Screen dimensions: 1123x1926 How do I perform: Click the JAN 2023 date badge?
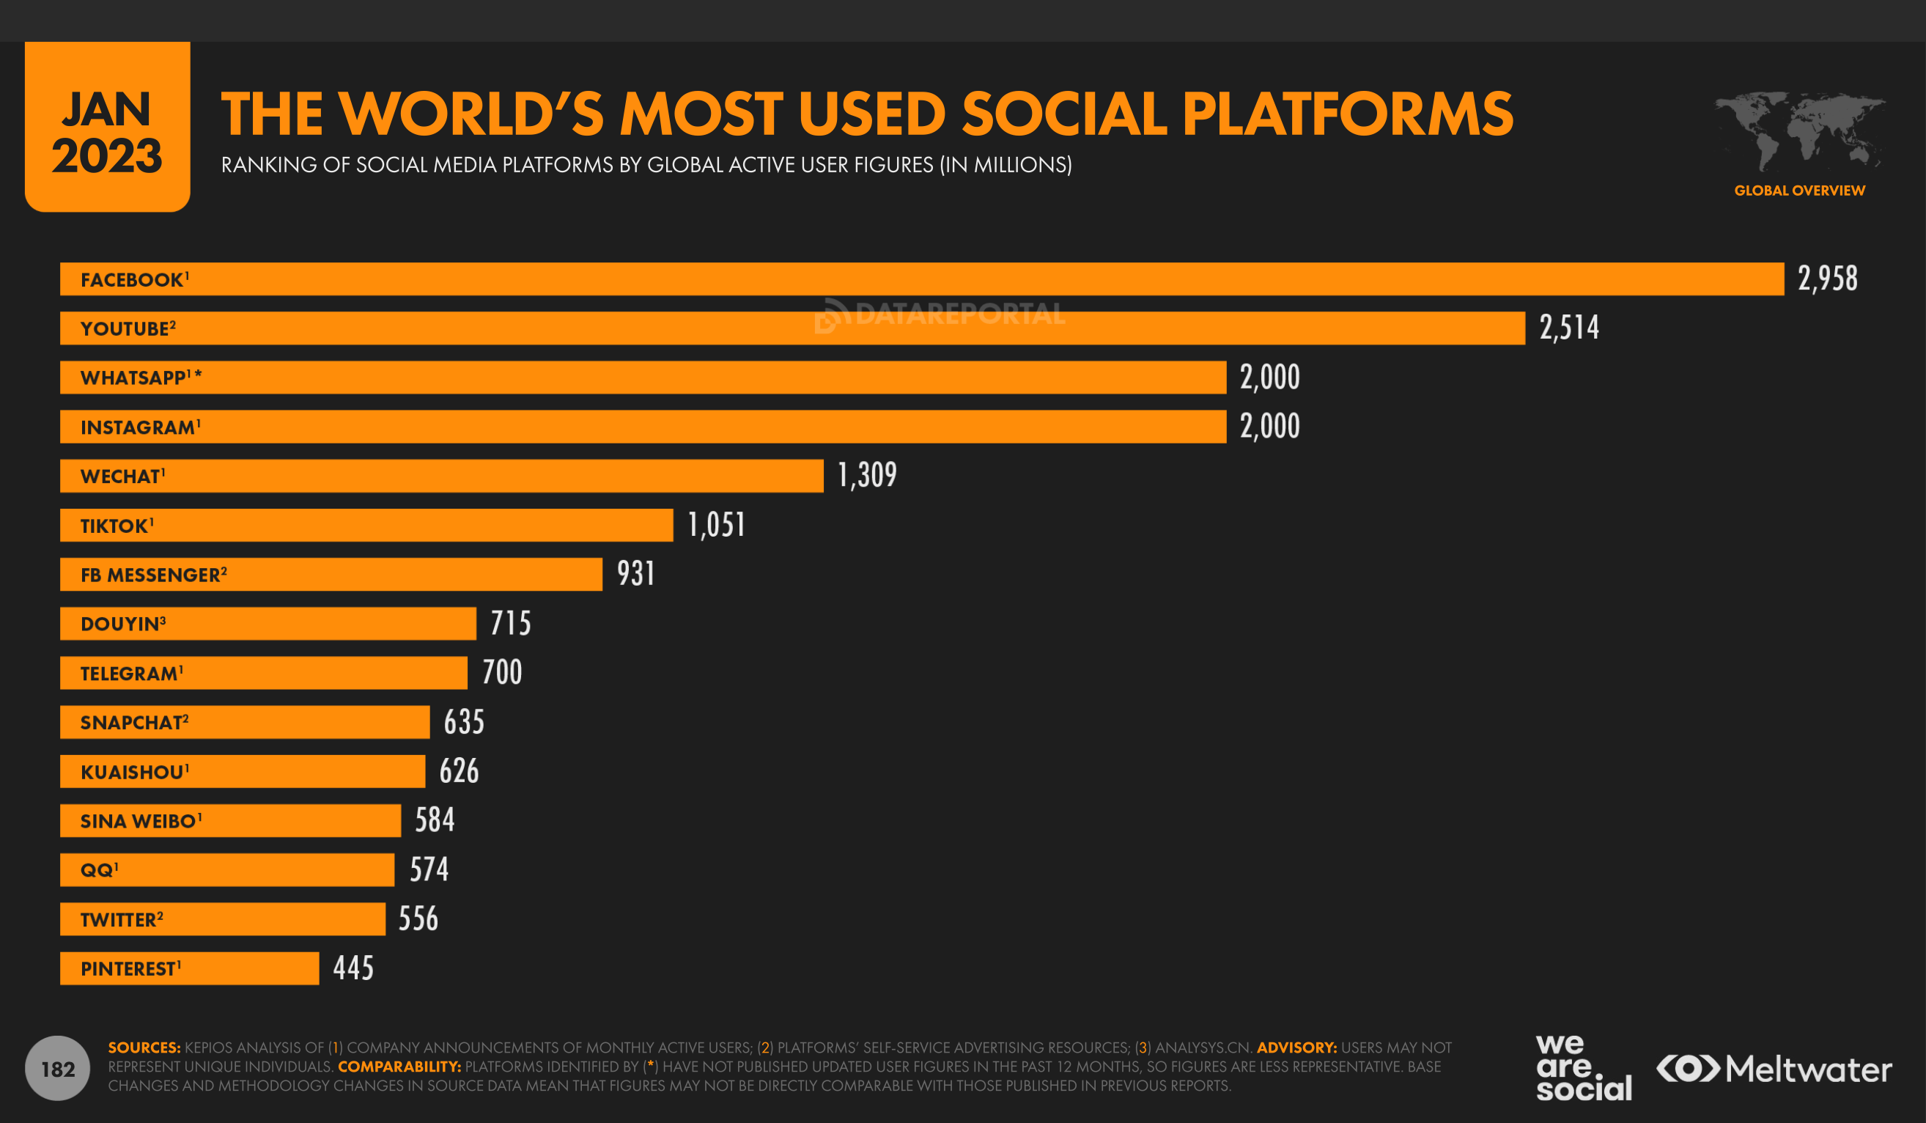click(x=107, y=127)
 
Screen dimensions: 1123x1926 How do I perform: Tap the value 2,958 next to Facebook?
click(x=1826, y=279)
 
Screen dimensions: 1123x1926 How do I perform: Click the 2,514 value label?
click(x=1568, y=328)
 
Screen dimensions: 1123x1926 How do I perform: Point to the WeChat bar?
click(x=441, y=476)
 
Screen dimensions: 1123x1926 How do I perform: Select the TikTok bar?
click(x=366, y=525)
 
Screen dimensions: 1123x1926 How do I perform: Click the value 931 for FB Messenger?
click(x=636, y=574)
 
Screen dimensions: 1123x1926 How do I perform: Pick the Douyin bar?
click(x=267, y=624)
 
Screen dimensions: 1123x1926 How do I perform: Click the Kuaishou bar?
click(x=243, y=771)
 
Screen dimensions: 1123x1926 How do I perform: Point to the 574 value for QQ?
click(x=429, y=870)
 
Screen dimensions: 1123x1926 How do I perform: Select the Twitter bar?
click(x=222, y=919)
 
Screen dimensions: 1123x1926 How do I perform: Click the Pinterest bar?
click(x=189, y=968)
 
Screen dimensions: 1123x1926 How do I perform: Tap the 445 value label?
click(x=353, y=968)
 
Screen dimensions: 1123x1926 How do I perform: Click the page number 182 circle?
click(x=57, y=1069)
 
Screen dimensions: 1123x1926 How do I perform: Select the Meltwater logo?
click(x=1774, y=1069)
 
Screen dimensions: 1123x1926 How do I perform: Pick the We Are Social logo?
click(x=1583, y=1068)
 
